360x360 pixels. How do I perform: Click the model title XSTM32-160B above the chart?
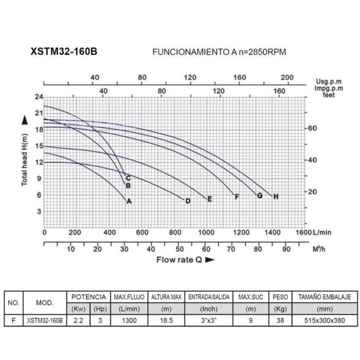(64, 52)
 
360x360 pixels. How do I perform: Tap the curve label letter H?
(276, 196)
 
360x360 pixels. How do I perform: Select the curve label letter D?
(188, 201)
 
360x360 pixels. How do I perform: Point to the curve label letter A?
(130, 201)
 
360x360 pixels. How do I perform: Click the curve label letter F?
(237, 197)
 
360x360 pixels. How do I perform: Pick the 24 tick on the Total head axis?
(38, 97)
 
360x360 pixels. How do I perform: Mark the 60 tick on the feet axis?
(312, 128)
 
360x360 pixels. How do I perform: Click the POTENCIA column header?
(88, 297)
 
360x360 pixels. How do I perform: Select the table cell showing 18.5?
(165, 320)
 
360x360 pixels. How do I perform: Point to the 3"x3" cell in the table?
(205, 320)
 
